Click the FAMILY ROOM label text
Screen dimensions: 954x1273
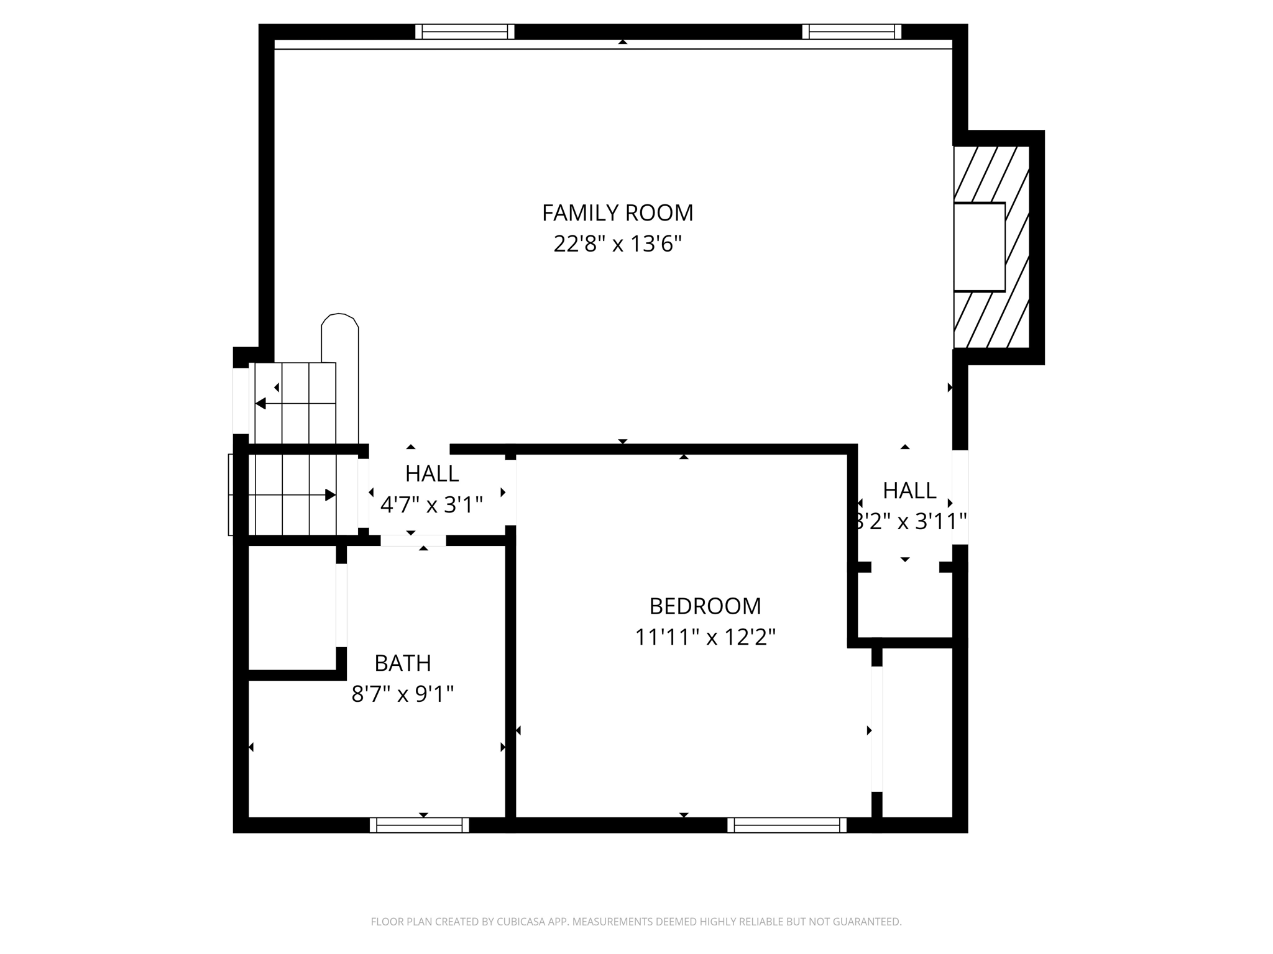(x=617, y=213)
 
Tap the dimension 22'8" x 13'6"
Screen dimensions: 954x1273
(x=617, y=244)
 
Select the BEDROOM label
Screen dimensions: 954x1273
(x=705, y=606)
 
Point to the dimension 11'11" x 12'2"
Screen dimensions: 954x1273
(x=705, y=637)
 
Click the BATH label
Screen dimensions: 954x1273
(x=402, y=663)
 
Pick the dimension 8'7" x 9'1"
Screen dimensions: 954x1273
(x=402, y=694)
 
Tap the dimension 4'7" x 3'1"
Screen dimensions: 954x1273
(x=431, y=505)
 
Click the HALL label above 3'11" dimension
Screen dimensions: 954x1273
(x=909, y=491)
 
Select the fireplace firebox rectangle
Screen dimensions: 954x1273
(x=980, y=247)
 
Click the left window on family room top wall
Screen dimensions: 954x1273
(x=465, y=32)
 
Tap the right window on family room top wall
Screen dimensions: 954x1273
(x=852, y=32)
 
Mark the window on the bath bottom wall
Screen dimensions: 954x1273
(x=420, y=825)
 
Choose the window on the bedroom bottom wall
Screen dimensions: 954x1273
(x=787, y=825)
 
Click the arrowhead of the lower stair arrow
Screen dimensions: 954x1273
(x=331, y=495)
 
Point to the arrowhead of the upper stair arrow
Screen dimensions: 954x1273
(x=260, y=404)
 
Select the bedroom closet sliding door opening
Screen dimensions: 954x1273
(x=876, y=729)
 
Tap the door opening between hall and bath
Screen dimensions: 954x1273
(x=413, y=540)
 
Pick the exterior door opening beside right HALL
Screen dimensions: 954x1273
(x=960, y=497)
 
